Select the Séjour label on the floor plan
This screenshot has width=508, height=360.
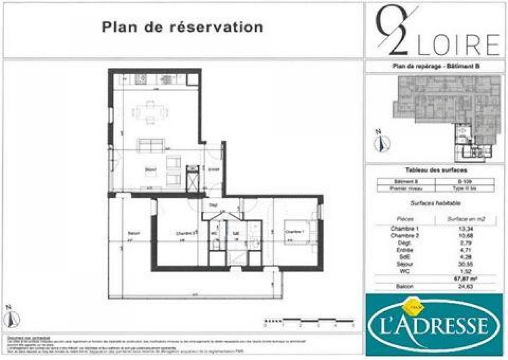coord(150,170)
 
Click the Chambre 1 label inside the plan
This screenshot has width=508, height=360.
coord(294,232)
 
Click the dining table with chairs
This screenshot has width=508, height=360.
coord(151,112)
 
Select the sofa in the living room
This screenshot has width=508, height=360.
coord(150,145)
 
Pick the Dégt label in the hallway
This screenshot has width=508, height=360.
coord(213,205)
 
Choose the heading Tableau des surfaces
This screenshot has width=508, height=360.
coord(436,170)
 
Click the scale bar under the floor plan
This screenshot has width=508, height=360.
coord(309,321)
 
